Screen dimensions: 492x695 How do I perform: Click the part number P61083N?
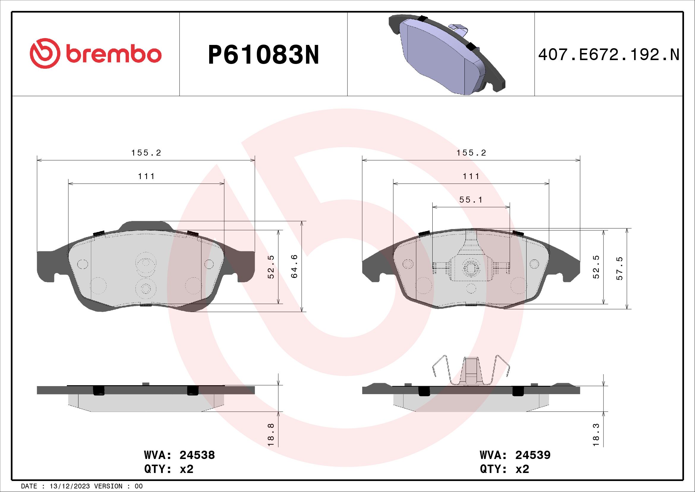(263, 55)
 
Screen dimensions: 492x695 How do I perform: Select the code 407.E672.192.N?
(609, 55)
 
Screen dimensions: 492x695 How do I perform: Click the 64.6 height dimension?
(294, 266)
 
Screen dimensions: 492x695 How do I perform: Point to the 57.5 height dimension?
(620, 268)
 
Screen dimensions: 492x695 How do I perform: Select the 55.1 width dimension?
(471, 200)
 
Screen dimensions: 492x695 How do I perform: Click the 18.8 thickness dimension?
(271, 434)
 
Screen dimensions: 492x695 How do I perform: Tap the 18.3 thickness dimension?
(596, 434)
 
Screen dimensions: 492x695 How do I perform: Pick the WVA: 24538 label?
(179, 455)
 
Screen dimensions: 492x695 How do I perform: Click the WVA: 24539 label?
(515, 455)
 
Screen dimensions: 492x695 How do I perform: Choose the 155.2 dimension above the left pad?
(146, 153)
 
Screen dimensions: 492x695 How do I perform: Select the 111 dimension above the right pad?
(471, 176)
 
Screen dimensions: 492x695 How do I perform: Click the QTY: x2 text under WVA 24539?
(504, 469)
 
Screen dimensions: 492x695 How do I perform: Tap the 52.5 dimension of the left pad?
(271, 267)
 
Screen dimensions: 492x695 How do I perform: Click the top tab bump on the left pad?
(145, 226)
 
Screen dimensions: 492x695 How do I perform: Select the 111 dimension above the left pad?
(146, 176)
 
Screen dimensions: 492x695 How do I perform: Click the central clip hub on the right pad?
(471, 267)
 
